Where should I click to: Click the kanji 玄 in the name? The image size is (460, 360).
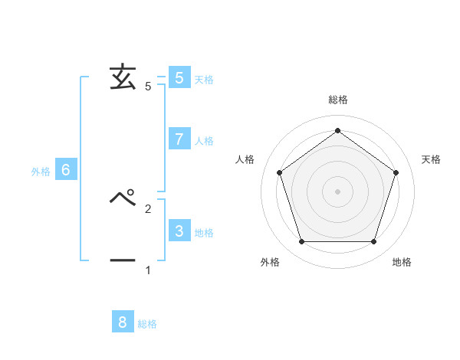[x=123, y=77]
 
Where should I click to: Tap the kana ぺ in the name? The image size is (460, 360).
[x=123, y=198]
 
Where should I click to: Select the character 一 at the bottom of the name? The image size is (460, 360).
[x=123, y=261]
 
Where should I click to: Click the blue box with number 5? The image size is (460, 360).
[x=179, y=77]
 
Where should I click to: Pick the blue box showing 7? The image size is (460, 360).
[x=179, y=139]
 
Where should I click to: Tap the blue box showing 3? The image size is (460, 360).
[x=179, y=231]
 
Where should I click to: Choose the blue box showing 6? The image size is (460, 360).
[x=66, y=170]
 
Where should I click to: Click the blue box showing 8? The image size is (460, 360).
[x=123, y=322]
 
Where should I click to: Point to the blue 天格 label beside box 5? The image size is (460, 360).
[x=204, y=80]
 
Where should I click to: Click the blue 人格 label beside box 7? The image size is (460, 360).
[x=204, y=141]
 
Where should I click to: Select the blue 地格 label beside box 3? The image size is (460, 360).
[x=204, y=233]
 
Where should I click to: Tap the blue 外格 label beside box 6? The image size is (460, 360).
[x=41, y=172]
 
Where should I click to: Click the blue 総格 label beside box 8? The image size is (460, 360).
[x=147, y=324]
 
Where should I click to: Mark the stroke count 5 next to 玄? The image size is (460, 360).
[x=148, y=87]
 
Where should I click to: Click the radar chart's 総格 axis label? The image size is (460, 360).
[x=337, y=100]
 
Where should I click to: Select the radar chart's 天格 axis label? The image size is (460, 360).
[x=432, y=159]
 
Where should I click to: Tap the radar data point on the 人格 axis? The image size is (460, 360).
[x=279, y=172]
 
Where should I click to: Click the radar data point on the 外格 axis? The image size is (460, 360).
[x=301, y=242]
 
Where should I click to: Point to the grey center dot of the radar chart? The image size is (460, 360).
[x=337, y=191]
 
